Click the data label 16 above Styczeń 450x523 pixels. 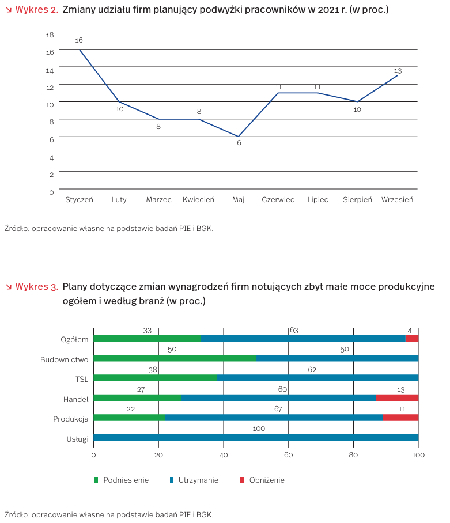79,40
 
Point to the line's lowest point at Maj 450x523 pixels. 239,137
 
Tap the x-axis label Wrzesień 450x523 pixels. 397,200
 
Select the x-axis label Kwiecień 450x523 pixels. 198,200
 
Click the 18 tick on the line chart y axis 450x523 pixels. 50,35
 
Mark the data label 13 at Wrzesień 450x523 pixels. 398,71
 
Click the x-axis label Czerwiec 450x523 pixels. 278,200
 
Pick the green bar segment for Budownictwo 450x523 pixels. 175,358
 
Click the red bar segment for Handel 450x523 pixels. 397,397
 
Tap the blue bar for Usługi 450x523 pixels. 256,438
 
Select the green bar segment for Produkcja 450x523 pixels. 129,418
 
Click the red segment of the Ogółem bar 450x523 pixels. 411,339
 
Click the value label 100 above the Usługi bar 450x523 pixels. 259,429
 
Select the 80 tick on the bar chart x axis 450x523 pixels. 353,455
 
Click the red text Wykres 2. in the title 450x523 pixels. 36,10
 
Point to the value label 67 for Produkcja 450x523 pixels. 278,409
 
